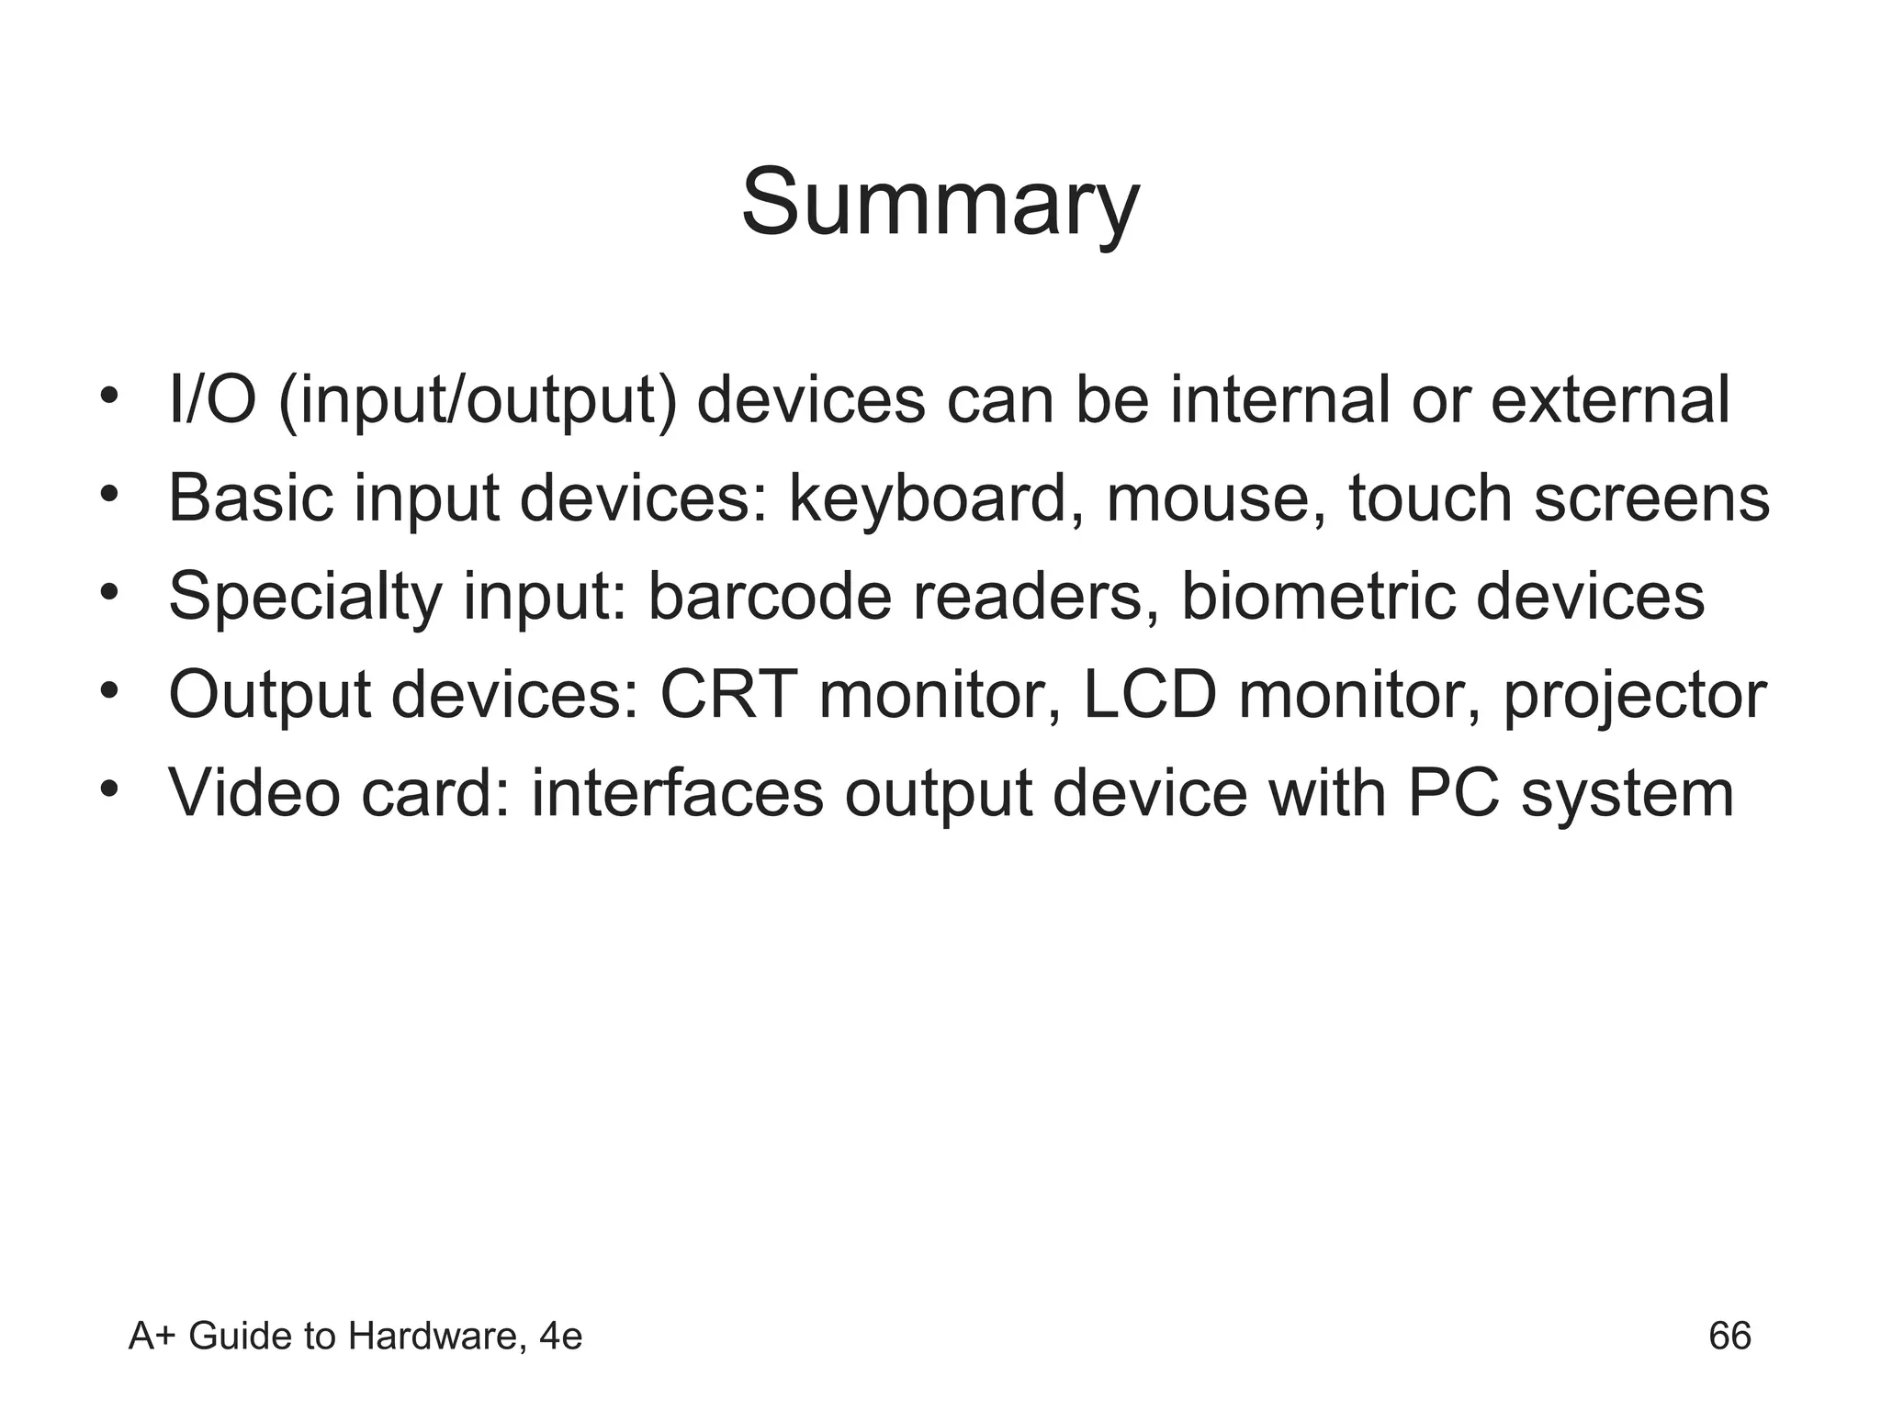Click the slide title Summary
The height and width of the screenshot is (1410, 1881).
click(x=940, y=204)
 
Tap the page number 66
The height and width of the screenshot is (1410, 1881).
click(x=1729, y=1336)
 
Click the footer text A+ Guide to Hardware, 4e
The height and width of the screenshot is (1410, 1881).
click(x=355, y=1337)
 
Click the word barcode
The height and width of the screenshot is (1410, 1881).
click(x=770, y=598)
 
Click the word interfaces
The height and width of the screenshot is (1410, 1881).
click(x=677, y=794)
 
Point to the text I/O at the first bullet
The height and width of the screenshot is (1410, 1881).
click(x=212, y=402)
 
